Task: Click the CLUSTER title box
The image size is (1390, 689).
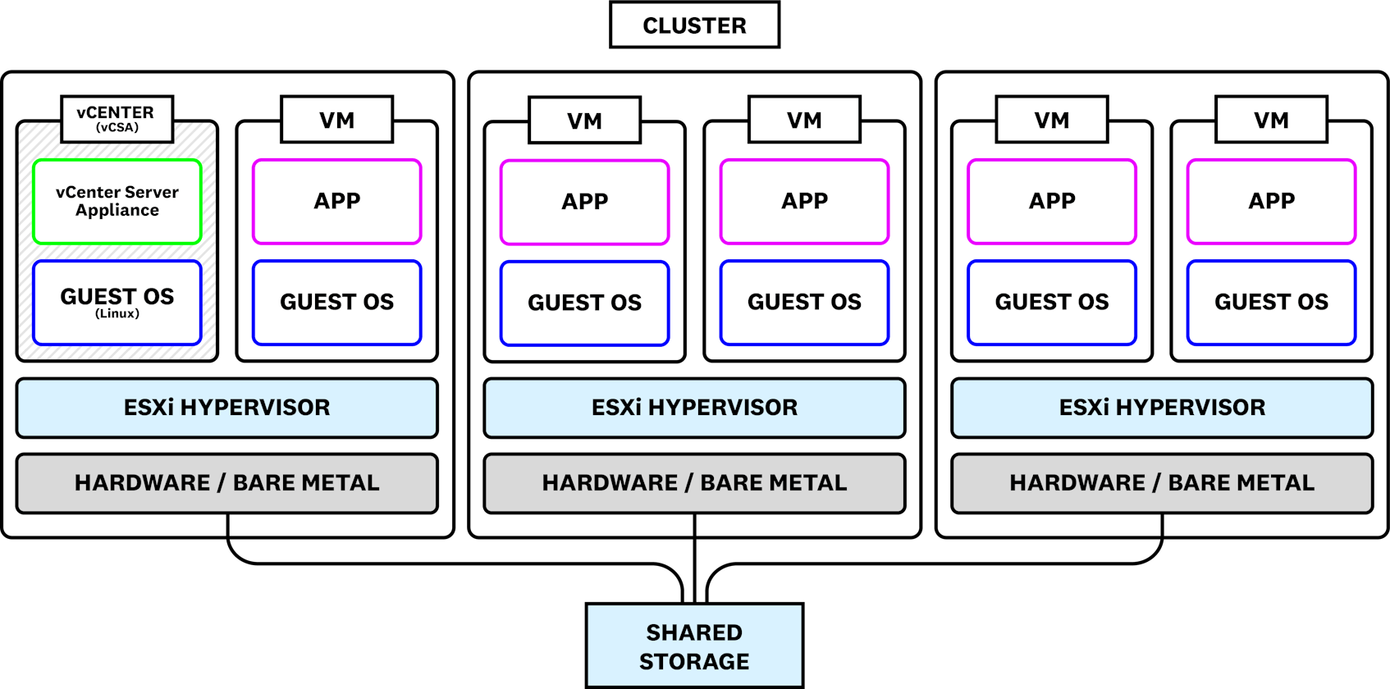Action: click(694, 25)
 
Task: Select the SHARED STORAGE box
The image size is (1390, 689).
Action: click(694, 646)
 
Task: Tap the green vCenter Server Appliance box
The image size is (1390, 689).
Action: click(117, 202)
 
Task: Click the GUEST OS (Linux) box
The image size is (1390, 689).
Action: click(117, 302)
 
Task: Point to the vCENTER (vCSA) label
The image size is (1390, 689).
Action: click(117, 118)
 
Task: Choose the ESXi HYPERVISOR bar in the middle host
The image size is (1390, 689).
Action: click(694, 408)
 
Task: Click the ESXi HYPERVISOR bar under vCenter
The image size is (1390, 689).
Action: click(227, 408)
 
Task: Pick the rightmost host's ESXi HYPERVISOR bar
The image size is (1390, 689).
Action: click(1162, 408)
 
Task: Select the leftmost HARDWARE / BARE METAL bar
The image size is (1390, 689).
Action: click(227, 483)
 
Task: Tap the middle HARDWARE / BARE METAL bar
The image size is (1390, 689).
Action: click(694, 483)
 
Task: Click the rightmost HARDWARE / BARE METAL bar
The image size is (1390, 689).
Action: click(1162, 483)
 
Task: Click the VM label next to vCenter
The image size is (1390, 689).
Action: click(337, 120)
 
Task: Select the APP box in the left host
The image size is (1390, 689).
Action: click(337, 202)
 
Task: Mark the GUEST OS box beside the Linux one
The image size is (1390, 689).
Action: click(337, 302)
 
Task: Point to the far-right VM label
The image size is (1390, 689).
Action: click(1271, 120)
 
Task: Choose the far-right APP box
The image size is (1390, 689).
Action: click(1271, 202)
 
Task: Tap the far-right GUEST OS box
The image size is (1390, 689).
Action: click(1271, 302)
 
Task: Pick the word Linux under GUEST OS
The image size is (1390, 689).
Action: click(117, 314)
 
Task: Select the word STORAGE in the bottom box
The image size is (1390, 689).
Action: click(694, 661)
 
